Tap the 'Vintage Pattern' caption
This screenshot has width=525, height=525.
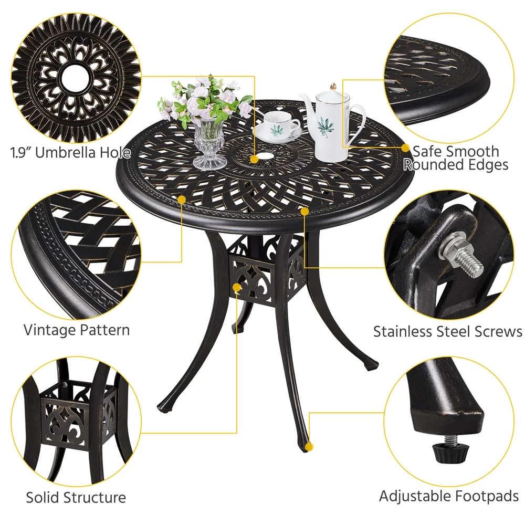[x=77, y=330]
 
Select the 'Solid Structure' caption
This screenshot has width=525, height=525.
[x=76, y=497]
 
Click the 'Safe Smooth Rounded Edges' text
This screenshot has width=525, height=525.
[x=455, y=158]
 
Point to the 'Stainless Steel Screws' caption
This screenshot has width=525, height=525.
[x=447, y=332]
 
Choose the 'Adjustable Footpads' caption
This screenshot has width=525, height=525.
[x=449, y=496]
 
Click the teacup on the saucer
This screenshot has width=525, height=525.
[x=279, y=124]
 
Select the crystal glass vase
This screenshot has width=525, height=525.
[x=209, y=144]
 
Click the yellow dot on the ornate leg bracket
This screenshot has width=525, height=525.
[x=237, y=287]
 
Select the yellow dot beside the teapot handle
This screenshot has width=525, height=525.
[x=406, y=148]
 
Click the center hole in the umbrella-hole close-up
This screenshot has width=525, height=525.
[x=77, y=77]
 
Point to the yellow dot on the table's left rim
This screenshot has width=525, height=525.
[x=182, y=199]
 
